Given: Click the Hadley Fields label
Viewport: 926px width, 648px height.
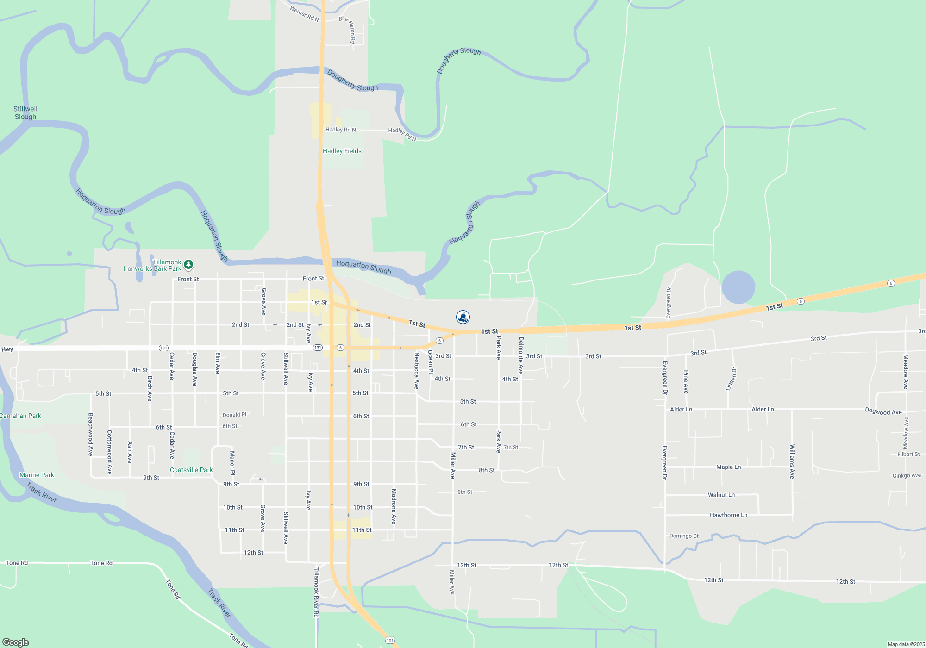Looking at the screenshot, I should point(342,151).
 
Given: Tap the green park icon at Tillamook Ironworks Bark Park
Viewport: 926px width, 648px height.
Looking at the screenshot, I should point(188,264).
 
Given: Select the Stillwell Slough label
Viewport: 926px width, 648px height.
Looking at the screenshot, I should point(25,112).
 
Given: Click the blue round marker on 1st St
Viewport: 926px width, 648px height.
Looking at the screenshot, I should point(463,317).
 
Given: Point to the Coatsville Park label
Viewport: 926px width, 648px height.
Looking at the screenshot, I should point(191,470).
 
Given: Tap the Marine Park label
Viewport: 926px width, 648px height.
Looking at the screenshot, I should point(37,475).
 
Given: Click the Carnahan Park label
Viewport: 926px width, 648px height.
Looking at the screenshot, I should point(20,416).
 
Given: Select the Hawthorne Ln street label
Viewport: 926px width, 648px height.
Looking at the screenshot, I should point(728,515).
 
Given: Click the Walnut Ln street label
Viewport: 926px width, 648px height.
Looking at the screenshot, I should point(721,495).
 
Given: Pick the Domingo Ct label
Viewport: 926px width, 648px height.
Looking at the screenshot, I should point(684,536).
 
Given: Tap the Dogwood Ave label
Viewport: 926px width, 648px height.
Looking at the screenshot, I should point(883,411).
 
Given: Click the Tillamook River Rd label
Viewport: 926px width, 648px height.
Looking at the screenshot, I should point(316,592).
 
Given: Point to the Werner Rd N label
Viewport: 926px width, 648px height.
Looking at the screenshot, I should point(304,13).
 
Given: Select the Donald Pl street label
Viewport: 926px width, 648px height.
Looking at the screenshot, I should point(234,415).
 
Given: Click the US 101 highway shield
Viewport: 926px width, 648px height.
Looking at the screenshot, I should point(390,640).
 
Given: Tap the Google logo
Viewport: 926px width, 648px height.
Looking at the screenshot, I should point(16,642).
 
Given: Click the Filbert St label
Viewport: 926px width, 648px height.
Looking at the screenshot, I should point(908,454).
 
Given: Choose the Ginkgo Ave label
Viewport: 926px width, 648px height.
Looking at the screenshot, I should point(906,475).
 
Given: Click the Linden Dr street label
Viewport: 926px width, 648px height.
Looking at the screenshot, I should point(731,379).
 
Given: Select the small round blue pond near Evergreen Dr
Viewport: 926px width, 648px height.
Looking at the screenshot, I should point(738,287).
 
